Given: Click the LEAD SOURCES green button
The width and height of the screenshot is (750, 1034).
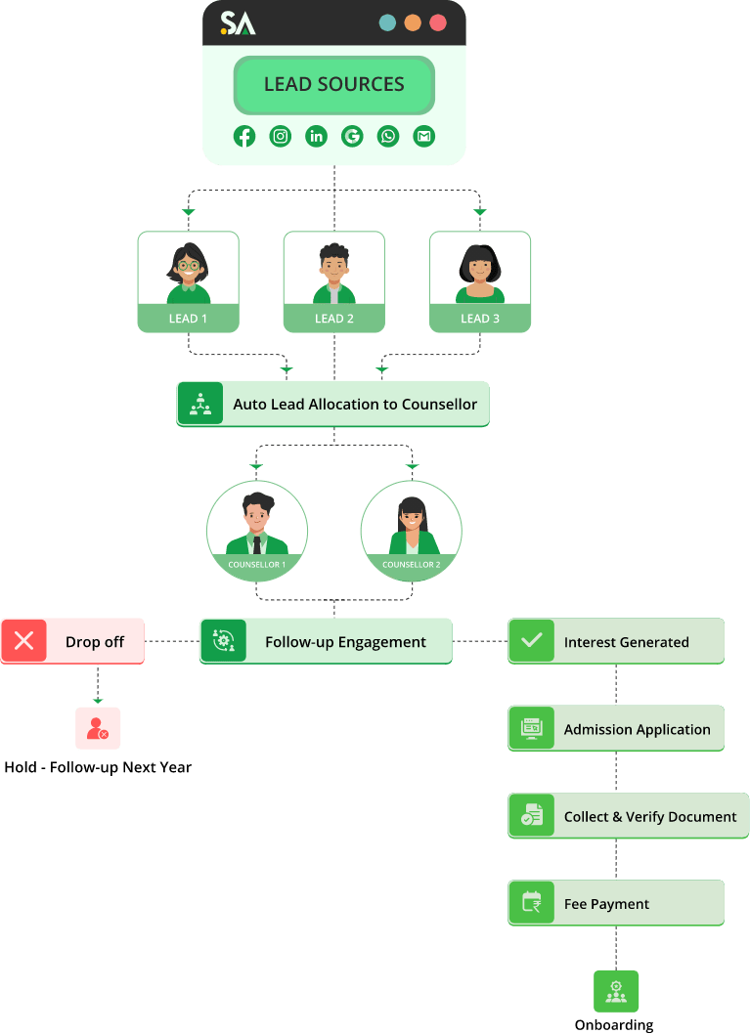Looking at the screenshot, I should (x=333, y=85).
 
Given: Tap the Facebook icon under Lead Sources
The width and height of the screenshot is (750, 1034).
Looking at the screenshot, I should (x=244, y=137).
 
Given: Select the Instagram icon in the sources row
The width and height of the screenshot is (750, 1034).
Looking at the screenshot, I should (x=281, y=137).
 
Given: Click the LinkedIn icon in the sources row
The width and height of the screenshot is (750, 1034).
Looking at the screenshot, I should (x=316, y=137).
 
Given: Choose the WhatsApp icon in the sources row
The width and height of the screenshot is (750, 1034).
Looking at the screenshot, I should (x=388, y=137).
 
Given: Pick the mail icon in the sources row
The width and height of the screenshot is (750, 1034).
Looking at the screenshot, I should (x=423, y=137).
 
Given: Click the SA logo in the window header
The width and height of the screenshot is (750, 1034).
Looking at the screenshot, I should (x=238, y=23).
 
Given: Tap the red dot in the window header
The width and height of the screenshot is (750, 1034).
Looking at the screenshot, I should (x=438, y=22).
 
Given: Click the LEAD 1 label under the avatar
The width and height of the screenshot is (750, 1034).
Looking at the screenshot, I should (x=188, y=319).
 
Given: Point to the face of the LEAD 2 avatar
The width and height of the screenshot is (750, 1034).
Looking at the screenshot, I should (x=334, y=266).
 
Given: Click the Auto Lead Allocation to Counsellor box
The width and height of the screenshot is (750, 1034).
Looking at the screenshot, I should (x=332, y=404).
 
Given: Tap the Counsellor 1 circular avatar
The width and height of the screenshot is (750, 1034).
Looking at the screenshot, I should (x=257, y=528).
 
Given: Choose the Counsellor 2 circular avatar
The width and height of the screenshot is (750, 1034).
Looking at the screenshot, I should (x=411, y=528).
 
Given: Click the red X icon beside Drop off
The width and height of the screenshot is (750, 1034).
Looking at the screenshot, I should (x=24, y=641).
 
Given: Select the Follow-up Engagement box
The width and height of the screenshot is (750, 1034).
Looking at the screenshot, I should (x=326, y=641).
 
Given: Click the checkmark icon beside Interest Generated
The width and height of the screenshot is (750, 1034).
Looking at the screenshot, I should (x=531, y=641).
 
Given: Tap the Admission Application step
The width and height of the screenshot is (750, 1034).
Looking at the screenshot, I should (x=616, y=729).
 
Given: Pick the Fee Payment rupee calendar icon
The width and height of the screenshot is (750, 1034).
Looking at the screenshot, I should (x=531, y=903).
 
